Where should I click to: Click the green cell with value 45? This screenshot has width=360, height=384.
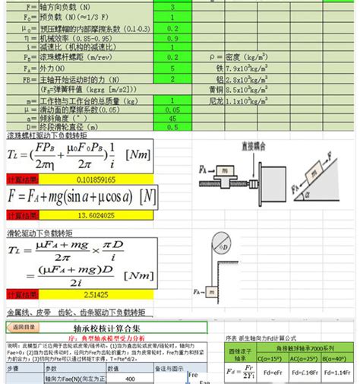[174, 118]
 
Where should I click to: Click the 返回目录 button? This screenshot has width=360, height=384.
[24, 327]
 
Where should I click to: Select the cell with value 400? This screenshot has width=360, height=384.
[130, 378]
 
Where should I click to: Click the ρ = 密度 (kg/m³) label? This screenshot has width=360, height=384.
[247, 56]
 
